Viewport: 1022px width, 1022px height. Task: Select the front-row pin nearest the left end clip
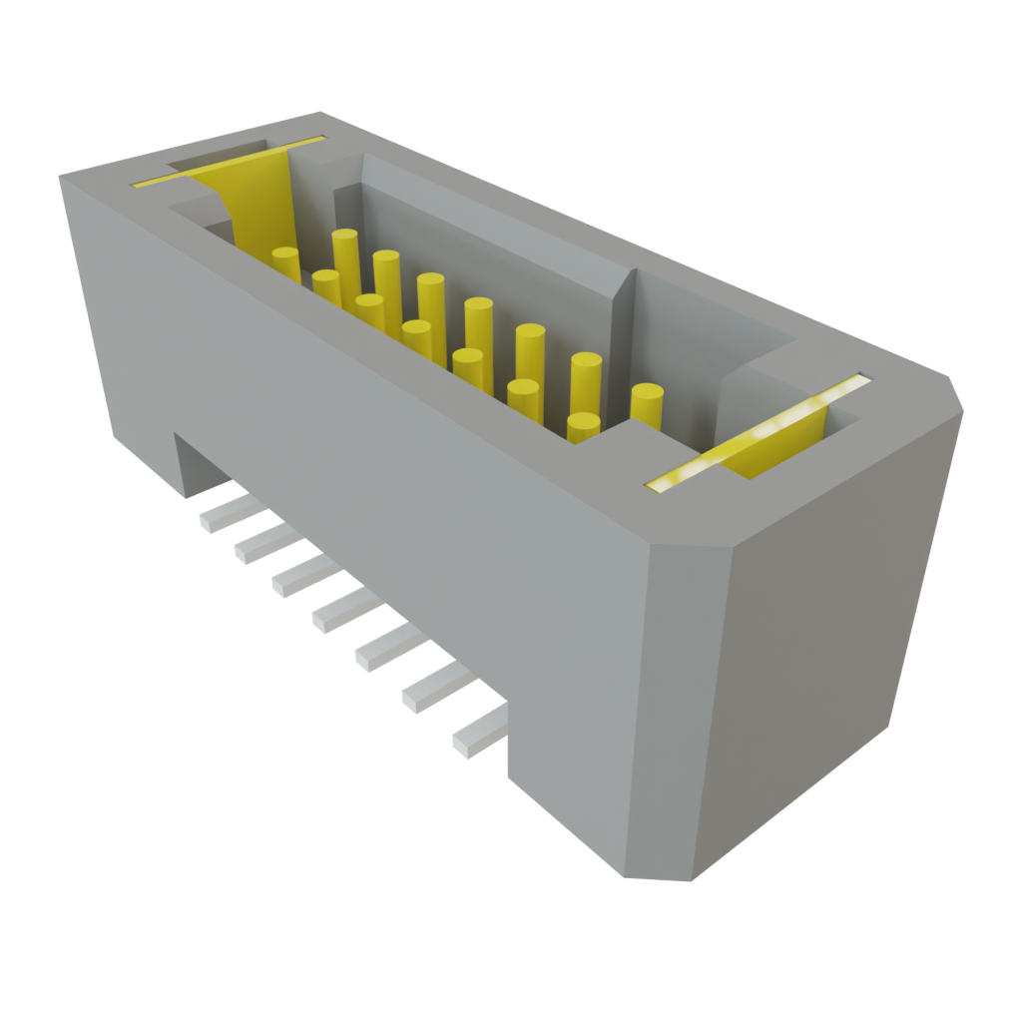(285, 261)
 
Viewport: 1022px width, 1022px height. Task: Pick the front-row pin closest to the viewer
(584, 426)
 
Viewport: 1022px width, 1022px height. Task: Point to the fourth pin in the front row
(417, 335)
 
